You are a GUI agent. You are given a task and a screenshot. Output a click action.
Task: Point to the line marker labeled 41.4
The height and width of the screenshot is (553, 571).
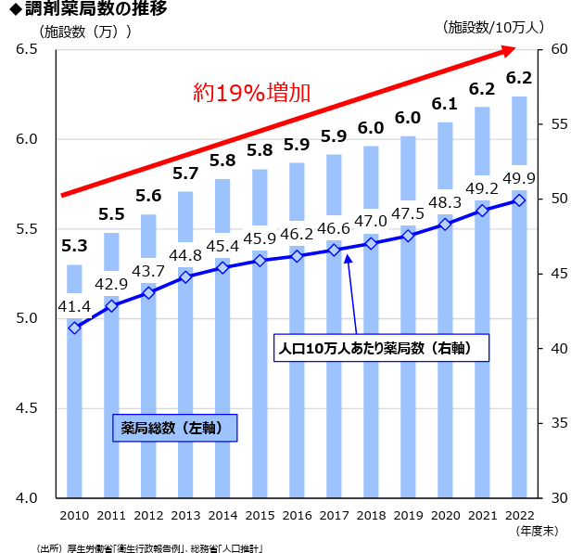click(x=74, y=328)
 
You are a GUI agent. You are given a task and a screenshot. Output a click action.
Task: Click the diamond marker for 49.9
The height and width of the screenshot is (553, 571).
click(x=519, y=199)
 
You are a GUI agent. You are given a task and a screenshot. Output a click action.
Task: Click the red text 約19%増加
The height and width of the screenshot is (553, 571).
click(x=251, y=92)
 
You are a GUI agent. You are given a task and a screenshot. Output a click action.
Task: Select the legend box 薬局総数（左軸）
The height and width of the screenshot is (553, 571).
click(x=175, y=428)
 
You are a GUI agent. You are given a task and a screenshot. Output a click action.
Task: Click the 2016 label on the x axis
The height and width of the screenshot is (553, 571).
click(x=297, y=515)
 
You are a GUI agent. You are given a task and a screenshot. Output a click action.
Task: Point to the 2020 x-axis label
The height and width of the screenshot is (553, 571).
click(x=445, y=515)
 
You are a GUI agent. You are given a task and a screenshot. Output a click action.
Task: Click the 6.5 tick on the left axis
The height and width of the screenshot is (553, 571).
click(x=25, y=49)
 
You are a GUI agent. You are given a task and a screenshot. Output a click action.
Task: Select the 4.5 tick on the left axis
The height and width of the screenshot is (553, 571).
click(x=25, y=408)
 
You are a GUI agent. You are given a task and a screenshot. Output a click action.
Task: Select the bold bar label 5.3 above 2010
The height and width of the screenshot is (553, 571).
click(x=74, y=247)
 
